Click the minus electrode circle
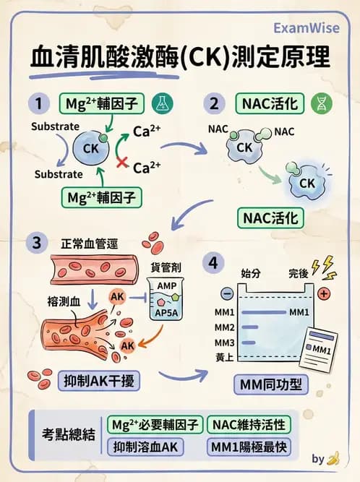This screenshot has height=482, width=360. pos(227,294)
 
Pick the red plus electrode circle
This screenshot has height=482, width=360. pos(323,293)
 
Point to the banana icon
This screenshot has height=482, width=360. pos(333,458)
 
